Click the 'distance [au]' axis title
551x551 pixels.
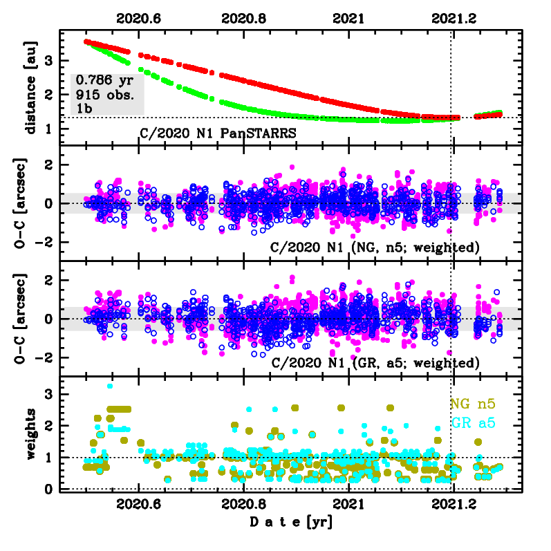tap(30, 86)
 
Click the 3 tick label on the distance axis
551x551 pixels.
tap(49, 62)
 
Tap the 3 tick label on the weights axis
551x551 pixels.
tap(49, 393)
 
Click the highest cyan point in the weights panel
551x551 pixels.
tap(110, 386)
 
